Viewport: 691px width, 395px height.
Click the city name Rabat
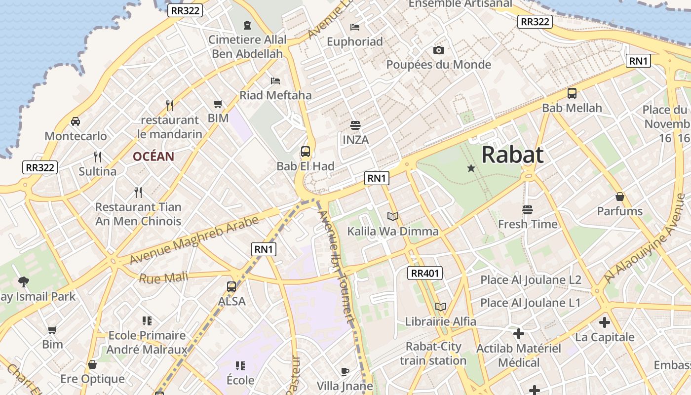point(512,155)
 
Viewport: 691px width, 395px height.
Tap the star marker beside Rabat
point(471,168)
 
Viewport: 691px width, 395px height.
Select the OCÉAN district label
point(153,157)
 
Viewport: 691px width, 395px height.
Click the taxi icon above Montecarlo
point(76,121)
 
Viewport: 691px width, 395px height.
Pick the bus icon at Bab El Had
point(306,152)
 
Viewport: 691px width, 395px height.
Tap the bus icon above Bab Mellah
point(572,93)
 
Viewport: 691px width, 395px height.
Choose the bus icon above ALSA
point(231,286)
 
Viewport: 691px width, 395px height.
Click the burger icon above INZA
point(355,125)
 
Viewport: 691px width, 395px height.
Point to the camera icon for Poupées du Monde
point(438,50)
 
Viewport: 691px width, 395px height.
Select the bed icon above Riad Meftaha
point(275,80)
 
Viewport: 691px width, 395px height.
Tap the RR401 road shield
point(425,273)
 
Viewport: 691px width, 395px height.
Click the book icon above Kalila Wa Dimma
point(393,216)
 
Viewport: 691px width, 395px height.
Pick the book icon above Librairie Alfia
point(441,307)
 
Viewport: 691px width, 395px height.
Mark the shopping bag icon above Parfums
point(620,197)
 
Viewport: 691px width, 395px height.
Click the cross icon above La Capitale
point(605,323)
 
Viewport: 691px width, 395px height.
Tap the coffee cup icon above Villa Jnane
point(345,371)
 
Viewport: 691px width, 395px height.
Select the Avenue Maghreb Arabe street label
point(194,240)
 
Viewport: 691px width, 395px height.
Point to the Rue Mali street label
point(163,278)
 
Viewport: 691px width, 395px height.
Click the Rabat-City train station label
point(433,354)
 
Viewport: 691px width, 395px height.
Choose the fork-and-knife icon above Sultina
point(98,157)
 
